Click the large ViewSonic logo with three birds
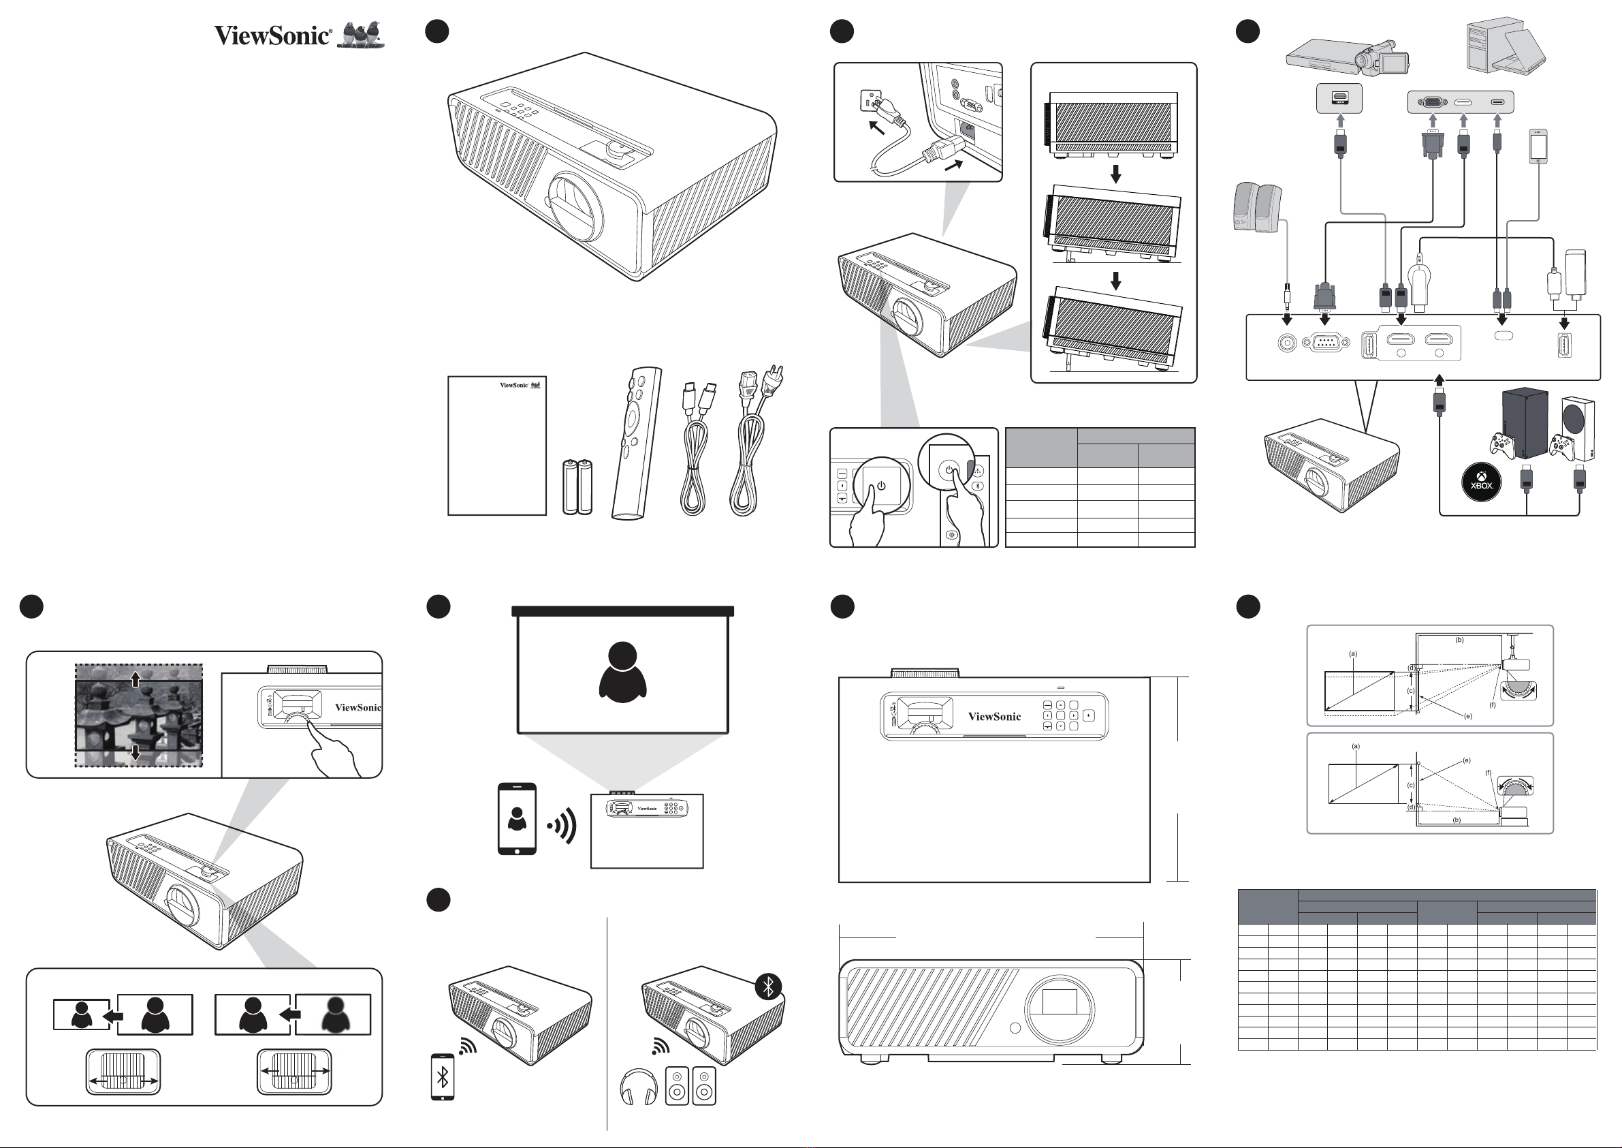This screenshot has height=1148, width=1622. coord(300,35)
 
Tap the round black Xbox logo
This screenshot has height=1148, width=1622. coord(1482,483)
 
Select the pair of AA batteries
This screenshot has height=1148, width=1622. coord(577,486)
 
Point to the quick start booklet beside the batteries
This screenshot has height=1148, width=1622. coord(497,446)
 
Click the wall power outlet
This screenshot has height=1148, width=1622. coord(869,101)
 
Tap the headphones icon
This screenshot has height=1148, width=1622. coord(638,1087)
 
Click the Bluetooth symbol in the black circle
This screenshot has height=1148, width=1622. coord(769,986)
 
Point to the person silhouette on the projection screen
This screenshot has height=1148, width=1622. coord(622,672)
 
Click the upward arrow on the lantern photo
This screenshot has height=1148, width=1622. coord(136,681)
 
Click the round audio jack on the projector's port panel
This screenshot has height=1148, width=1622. coord(1287,343)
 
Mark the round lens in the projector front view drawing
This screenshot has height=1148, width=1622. coord(1060,1009)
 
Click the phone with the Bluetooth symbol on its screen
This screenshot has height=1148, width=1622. coord(442,1076)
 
